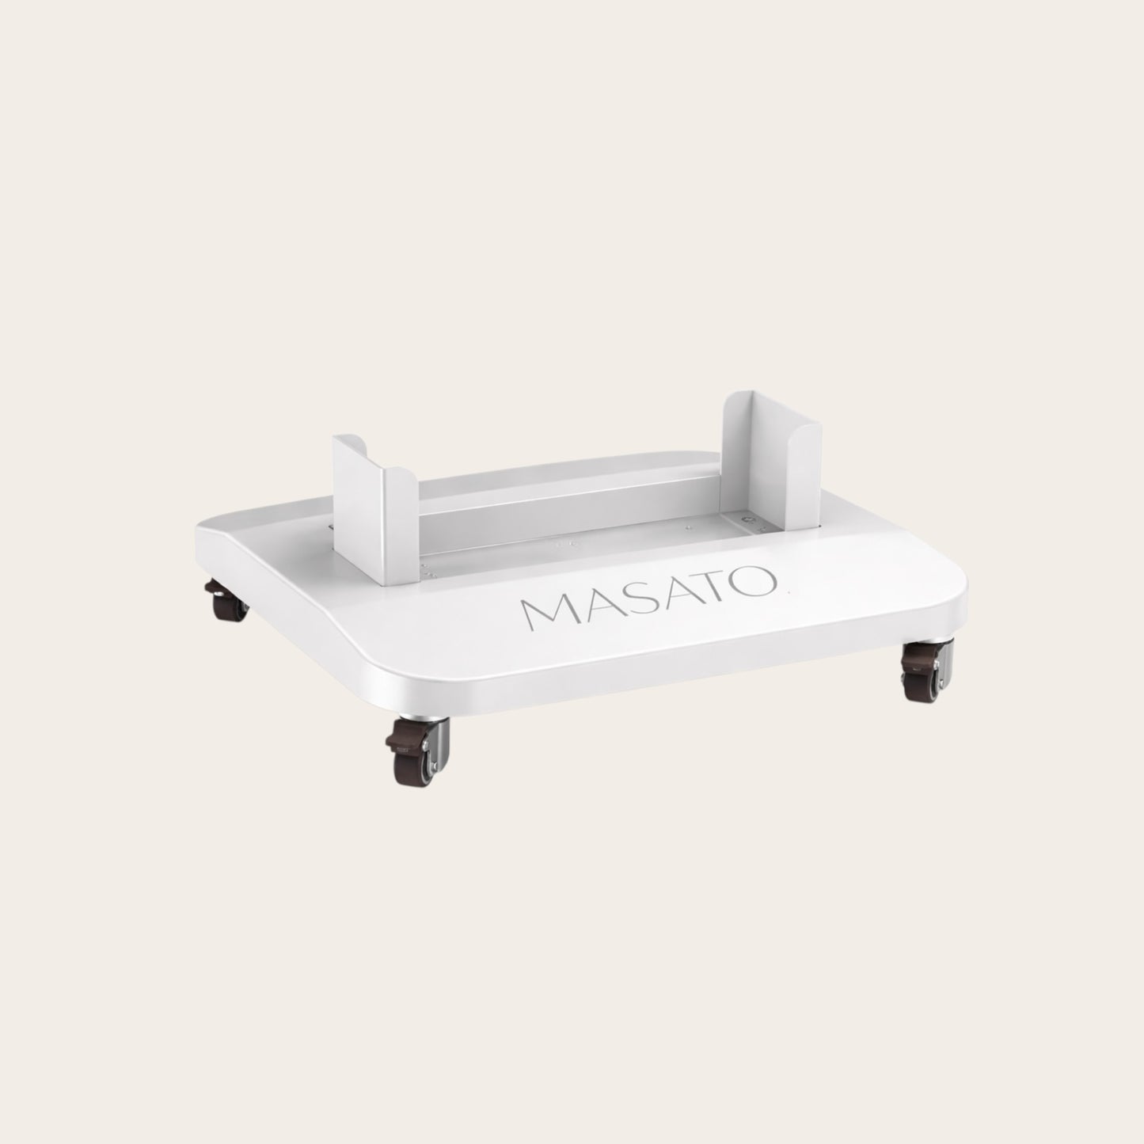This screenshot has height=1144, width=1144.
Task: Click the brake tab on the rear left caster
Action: (x=213, y=588)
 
